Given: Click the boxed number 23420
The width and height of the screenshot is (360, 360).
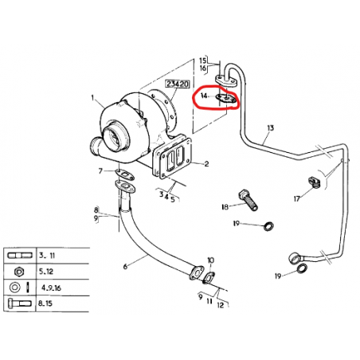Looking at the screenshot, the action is coord(178,84).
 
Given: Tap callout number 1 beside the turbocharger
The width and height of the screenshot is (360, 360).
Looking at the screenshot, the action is coord(92,98).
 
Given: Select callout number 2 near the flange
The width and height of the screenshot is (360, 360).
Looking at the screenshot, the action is coord(206,164).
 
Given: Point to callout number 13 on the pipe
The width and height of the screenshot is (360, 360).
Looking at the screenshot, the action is coord(270,128).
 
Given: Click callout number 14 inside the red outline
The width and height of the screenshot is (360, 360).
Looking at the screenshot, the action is coord(204,96).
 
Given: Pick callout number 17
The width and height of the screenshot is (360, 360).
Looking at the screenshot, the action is coord(296,198).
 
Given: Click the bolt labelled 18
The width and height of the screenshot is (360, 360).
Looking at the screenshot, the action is coord(248,200).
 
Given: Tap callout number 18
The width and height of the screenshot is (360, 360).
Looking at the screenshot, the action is coord(225,206).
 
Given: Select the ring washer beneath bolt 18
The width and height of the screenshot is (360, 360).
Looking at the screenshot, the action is coord(268,226).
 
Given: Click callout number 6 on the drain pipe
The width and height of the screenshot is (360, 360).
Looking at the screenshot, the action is coord(125,266).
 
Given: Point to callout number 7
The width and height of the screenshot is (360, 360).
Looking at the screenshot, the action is coord(100,171).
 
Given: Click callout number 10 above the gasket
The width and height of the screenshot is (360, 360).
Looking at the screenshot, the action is coord(210,260).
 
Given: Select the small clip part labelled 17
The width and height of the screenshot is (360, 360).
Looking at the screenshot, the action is coord(315,182).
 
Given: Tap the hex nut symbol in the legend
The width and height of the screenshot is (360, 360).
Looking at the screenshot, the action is coord(19,272).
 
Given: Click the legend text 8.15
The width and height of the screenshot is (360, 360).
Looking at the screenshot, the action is coord(45,303).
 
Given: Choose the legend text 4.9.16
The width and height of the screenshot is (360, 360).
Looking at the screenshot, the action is coord(51,288).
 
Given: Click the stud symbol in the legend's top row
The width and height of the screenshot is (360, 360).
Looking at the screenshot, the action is coord(20,256).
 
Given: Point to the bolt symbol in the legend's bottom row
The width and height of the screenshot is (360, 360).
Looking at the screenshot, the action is coord(19,303).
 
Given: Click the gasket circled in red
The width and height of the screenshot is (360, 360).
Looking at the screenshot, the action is coord(226,98).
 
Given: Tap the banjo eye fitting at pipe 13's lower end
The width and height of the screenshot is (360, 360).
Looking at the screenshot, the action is coord(295,257).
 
